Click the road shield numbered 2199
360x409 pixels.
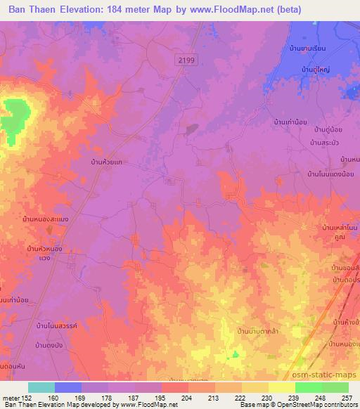tap(186, 61)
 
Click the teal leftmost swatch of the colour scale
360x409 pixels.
tap(41, 387)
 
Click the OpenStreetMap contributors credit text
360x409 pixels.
tap(316, 405)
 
